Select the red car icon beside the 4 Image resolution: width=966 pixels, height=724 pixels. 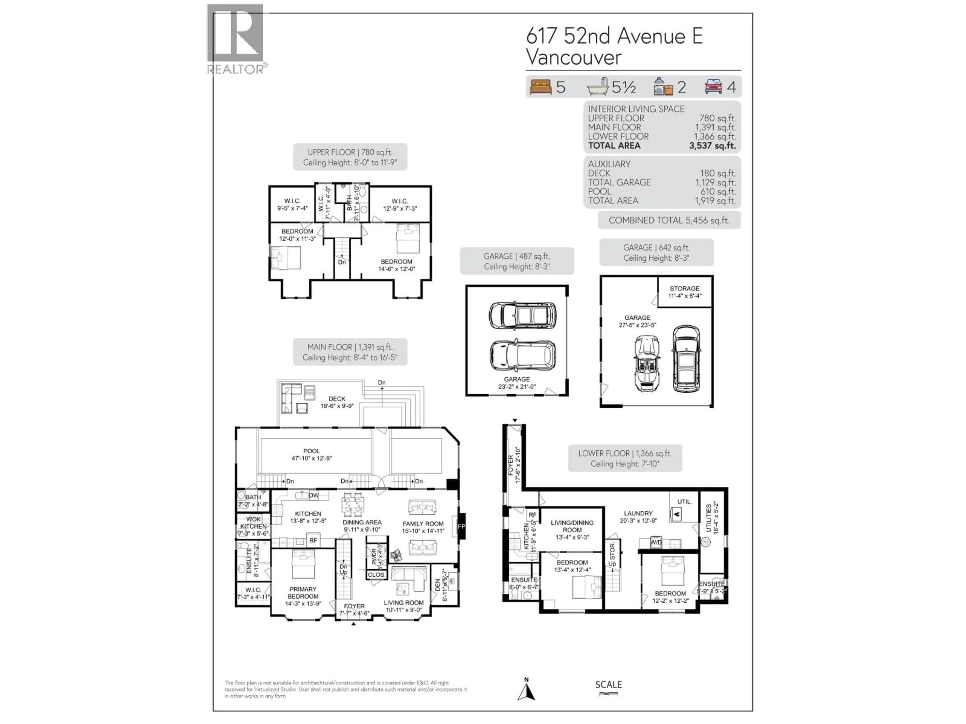(x=714, y=86)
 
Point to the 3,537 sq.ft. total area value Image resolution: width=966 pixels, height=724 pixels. (x=712, y=146)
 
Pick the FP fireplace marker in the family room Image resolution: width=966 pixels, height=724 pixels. (x=461, y=527)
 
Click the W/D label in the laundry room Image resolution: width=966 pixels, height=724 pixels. (x=656, y=542)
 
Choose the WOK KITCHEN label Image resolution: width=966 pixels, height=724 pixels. (x=253, y=522)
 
